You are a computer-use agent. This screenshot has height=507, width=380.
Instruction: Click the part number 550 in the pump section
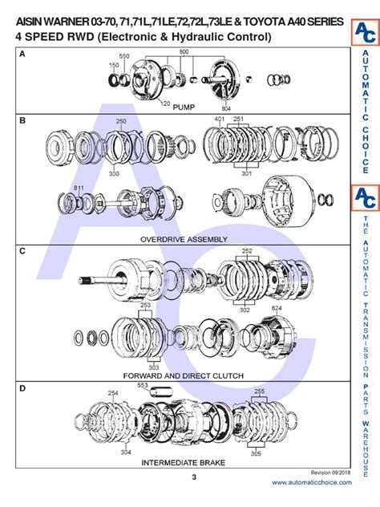(124, 57)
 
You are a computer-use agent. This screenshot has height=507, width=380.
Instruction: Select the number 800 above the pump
(184, 51)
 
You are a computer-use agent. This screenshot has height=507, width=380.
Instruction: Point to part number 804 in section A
(225, 107)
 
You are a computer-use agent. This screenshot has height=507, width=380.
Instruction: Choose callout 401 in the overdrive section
(220, 119)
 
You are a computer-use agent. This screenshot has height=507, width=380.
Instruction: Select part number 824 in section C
(276, 308)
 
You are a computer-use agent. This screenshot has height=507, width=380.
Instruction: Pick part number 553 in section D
(143, 386)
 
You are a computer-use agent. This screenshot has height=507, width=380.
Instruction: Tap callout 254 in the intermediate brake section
(113, 393)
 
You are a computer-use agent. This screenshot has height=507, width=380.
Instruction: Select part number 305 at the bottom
(256, 453)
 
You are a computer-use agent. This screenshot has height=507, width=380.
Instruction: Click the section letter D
(22, 389)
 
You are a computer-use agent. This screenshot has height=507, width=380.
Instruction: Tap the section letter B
(22, 120)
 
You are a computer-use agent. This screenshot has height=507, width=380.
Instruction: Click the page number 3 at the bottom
(193, 478)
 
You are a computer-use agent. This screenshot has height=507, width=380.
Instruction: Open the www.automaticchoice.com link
(311, 482)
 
